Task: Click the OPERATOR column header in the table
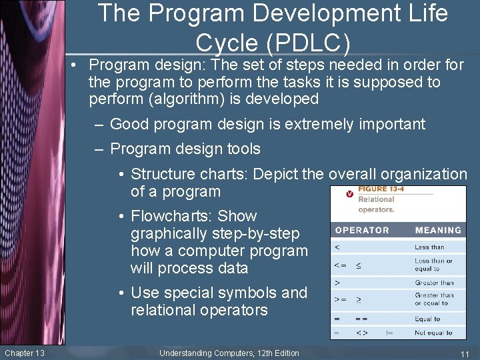pos(361,230)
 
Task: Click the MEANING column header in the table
pos(438,230)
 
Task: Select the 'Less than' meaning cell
pos(430,247)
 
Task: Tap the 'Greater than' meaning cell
pos(434,283)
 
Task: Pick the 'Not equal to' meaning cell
pos(433,333)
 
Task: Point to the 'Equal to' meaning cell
pos(427,319)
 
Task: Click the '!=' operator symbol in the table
pos(390,333)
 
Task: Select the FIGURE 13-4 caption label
pos(381,189)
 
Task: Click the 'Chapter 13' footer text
pos(25,353)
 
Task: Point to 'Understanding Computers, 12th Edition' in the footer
pos(229,353)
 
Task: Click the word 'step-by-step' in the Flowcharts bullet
pos(259,233)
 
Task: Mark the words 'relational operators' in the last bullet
pos(199,310)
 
